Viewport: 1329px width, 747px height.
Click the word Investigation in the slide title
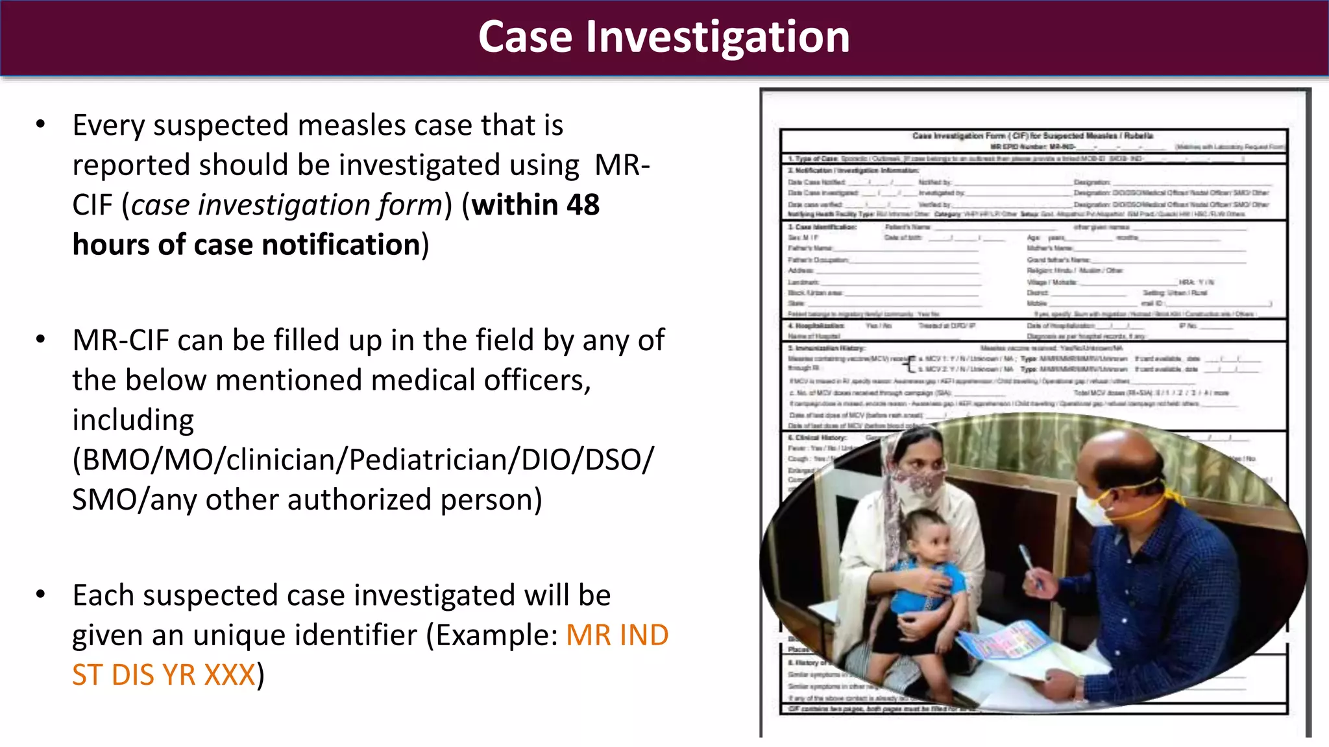pos(718,37)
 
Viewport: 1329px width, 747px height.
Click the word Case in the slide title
pos(525,37)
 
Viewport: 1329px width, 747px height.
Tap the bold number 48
pos(583,205)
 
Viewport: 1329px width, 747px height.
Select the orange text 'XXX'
pos(229,675)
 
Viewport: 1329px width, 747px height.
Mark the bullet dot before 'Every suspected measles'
pos(41,124)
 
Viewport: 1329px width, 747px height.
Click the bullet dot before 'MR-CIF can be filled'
pos(41,339)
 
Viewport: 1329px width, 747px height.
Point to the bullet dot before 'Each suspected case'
pos(41,594)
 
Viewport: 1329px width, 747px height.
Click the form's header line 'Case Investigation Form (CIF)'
pos(1032,136)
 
